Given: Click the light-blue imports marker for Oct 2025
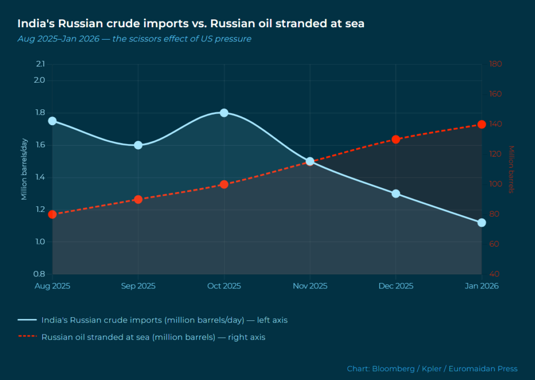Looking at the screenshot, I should pyautogui.click(x=224, y=113).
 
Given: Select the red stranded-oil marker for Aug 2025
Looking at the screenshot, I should pyautogui.click(x=52, y=215).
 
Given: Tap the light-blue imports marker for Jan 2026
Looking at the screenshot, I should pyautogui.click(x=482, y=223).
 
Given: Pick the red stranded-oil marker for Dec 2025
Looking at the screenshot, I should pyautogui.click(x=396, y=139).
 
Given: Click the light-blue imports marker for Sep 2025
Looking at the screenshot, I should pyautogui.click(x=138, y=145).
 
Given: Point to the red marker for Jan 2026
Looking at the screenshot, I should pyautogui.click(x=482, y=125).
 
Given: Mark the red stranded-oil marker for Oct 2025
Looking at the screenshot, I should pyautogui.click(x=224, y=184).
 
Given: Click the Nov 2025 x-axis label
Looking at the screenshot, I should pyautogui.click(x=310, y=286).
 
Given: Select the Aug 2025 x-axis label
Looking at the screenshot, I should pyautogui.click(x=52, y=286).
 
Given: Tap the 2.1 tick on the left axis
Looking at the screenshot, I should pyautogui.click(x=40, y=64).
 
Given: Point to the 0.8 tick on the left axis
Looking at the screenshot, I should pyautogui.click(x=40, y=274).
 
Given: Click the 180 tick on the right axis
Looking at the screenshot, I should pyautogui.click(x=495, y=64).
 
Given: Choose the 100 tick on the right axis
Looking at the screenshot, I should pyautogui.click(x=495, y=184).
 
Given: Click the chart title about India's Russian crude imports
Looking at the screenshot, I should pyautogui.click(x=191, y=24).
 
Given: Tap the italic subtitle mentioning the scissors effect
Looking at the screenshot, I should pyautogui.click(x=134, y=39).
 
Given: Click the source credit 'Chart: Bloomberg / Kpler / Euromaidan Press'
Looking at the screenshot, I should pyautogui.click(x=432, y=368).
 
